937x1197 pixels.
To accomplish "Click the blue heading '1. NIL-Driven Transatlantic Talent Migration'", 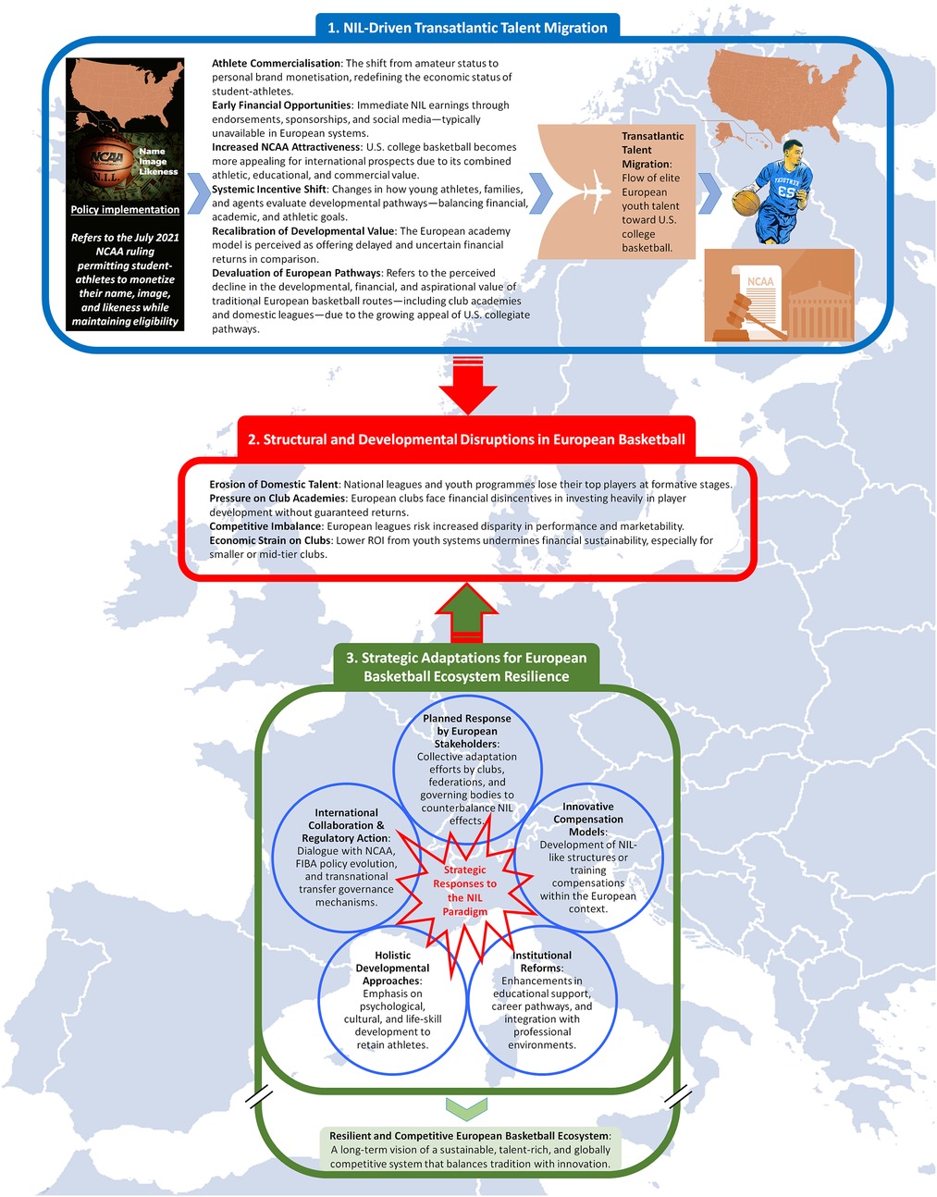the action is coord(467,28).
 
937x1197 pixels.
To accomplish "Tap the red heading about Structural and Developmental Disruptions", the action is coord(466,439).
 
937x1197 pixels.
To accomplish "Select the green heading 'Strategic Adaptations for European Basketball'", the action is coord(466,667).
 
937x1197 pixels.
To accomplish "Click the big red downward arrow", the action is coord(468,388).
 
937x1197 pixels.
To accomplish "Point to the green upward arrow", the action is coord(467,611).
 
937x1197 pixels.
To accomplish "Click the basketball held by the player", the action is coord(746,203).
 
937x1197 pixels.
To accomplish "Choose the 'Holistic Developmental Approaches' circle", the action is coord(392,1000).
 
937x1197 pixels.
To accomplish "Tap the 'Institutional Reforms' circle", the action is coord(542,1000).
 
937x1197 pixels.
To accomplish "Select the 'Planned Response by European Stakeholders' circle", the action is coord(467,768).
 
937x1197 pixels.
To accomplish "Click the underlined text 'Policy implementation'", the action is coord(125,210).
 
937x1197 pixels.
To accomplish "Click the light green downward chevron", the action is coord(467,1105).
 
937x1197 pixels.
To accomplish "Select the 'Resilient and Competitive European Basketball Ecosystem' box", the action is coord(470,1149).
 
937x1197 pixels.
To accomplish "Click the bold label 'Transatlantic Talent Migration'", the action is coord(652,150).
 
